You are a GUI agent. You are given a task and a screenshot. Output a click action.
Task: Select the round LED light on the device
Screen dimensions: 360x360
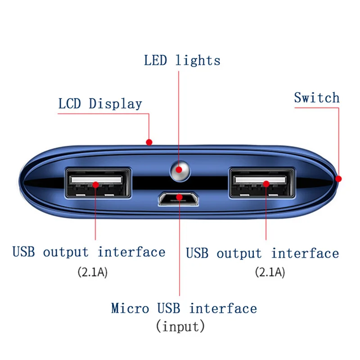coord(179,170)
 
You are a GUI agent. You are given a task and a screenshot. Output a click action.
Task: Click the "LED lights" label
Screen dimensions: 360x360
coord(182,60)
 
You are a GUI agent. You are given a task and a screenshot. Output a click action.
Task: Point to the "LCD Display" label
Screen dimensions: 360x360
coord(100,104)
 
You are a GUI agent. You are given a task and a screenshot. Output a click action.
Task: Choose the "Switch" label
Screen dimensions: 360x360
coord(317,98)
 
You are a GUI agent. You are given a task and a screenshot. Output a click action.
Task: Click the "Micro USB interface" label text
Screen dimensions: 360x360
coord(184,309)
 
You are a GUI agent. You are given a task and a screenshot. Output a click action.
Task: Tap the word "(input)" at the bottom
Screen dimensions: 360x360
coord(180,326)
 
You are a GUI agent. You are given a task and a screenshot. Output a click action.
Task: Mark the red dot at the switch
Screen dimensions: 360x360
coord(339,179)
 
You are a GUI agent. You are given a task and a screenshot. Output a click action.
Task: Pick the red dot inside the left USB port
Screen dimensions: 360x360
coord(95,184)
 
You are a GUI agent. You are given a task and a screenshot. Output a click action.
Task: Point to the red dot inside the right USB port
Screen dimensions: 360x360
coord(266,184)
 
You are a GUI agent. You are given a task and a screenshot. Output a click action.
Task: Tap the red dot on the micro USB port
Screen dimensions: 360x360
coord(180,196)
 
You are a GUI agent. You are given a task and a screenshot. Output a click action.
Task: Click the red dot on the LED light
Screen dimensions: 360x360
coord(179,170)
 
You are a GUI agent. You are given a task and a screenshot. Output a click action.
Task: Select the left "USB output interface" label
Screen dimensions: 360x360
coord(89,252)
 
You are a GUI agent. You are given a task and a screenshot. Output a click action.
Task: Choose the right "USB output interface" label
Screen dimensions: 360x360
coord(262,253)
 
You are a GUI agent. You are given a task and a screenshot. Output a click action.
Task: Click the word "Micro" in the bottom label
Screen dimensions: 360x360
coord(130,309)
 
